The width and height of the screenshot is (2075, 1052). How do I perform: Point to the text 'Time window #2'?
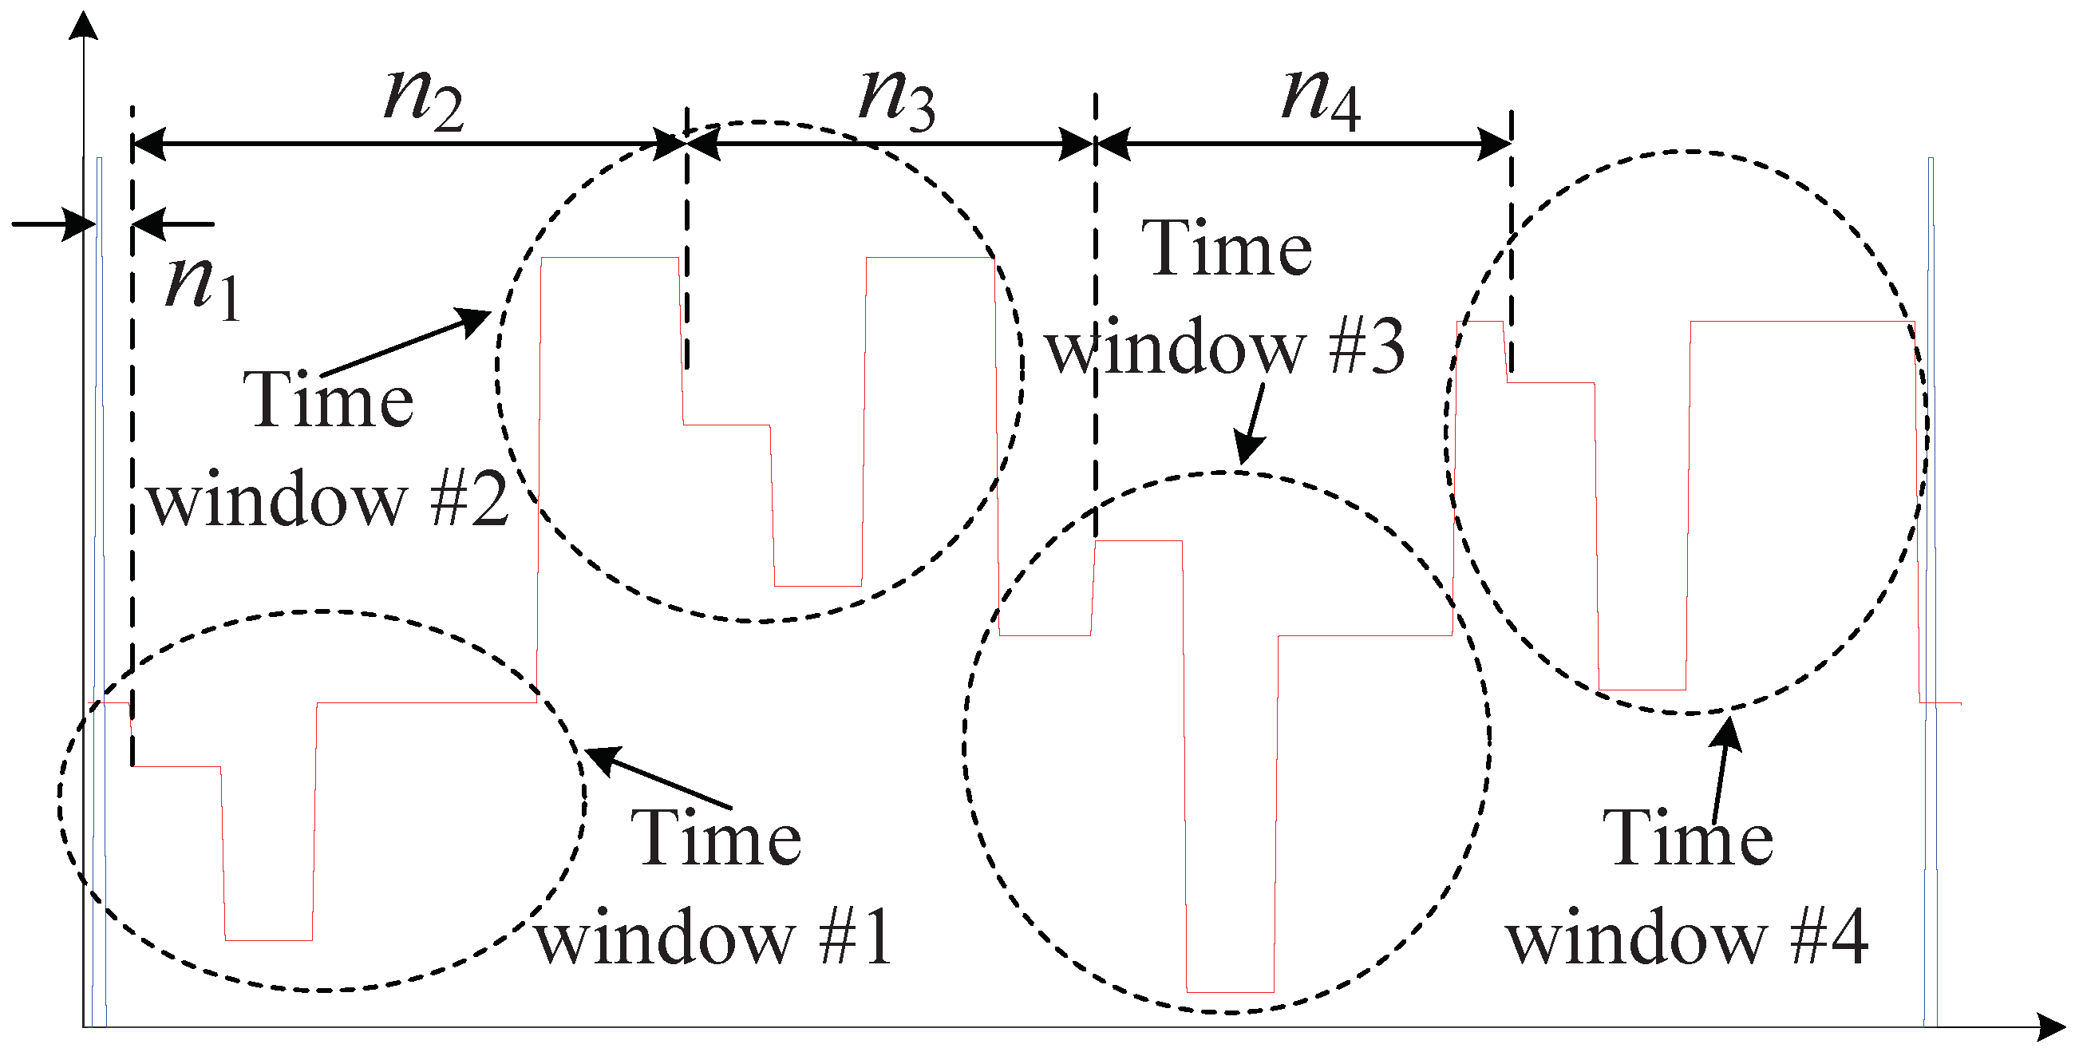329,449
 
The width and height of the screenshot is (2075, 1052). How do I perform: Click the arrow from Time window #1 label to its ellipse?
657,777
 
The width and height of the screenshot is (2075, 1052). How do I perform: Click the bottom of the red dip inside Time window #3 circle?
1230,991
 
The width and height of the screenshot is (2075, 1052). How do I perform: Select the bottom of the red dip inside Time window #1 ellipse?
268,939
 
